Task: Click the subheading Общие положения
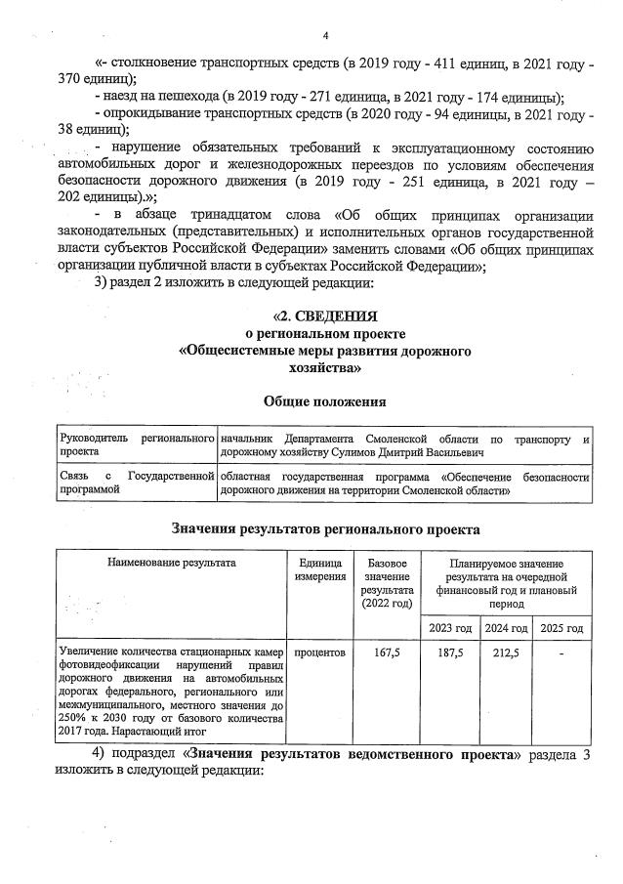(x=325, y=401)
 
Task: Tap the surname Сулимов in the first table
(x=389, y=453)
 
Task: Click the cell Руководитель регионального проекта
(x=136, y=446)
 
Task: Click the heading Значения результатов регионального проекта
(x=325, y=529)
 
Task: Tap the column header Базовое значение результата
(x=386, y=583)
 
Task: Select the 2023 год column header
(x=450, y=627)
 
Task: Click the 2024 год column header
(x=506, y=627)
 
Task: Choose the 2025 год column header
(x=561, y=627)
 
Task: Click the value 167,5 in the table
(x=387, y=652)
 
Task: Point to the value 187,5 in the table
(x=450, y=652)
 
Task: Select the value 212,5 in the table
(x=506, y=652)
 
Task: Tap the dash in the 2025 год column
(x=561, y=652)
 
